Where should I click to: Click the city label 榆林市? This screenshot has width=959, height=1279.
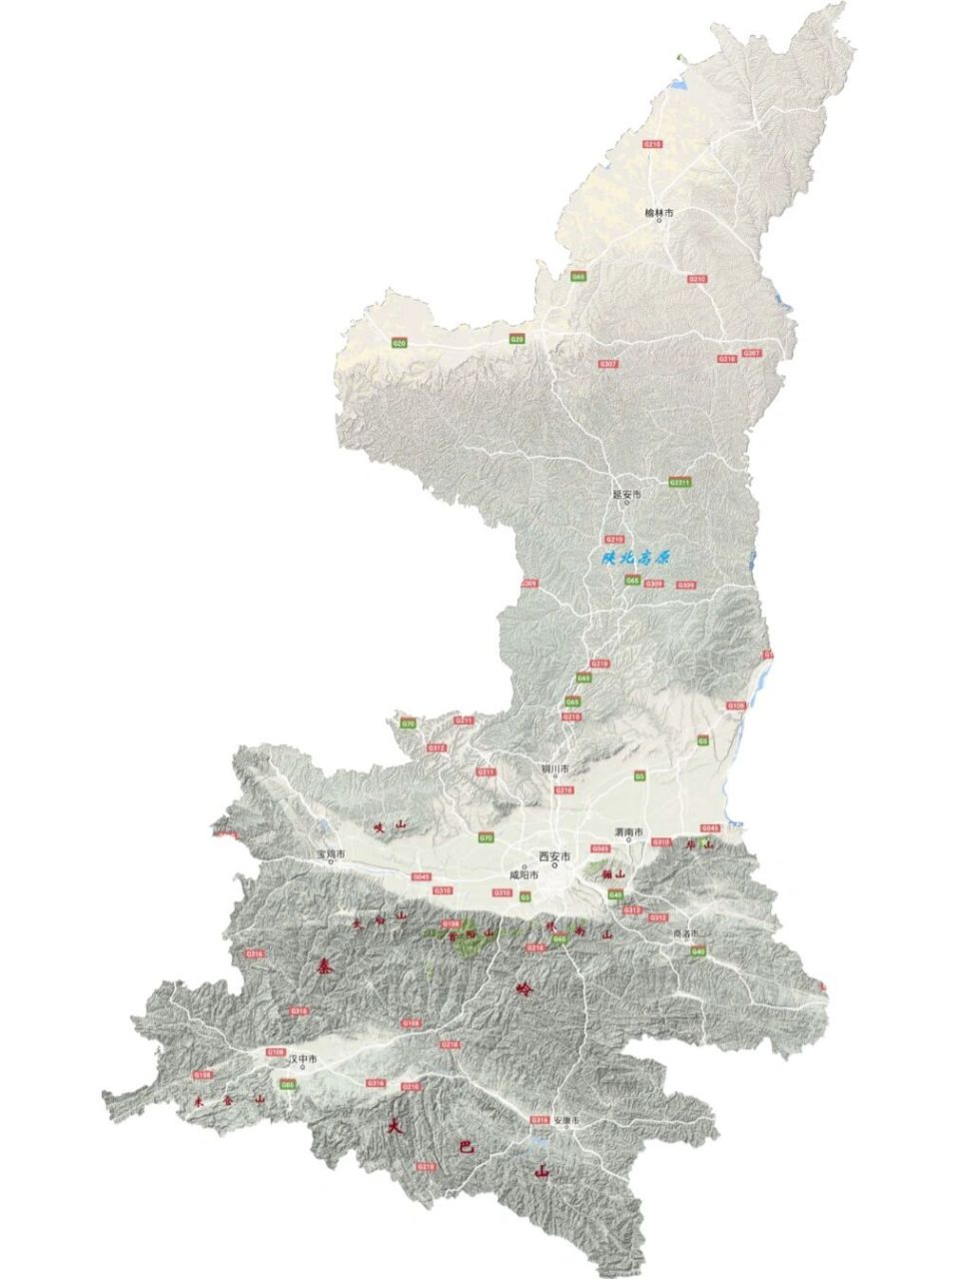coord(658,213)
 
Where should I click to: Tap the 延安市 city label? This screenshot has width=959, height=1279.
coord(627,494)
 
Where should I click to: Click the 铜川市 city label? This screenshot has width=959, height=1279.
coord(554,769)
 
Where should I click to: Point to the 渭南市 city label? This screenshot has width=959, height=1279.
coord(628,832)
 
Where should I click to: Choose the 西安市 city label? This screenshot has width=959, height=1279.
coord(553,857)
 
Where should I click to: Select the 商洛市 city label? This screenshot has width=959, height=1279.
coord(688,932)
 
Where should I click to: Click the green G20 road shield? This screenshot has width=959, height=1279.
coord(400,343)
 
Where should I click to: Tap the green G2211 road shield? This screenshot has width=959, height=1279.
coord(679,483)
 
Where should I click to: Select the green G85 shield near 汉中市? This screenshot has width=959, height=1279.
coord(288,1084)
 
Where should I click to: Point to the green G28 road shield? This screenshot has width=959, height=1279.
coord(517,339)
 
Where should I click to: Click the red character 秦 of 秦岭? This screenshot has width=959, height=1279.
coord(325,966)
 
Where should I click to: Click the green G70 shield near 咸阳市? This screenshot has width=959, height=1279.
coord(485,837)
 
